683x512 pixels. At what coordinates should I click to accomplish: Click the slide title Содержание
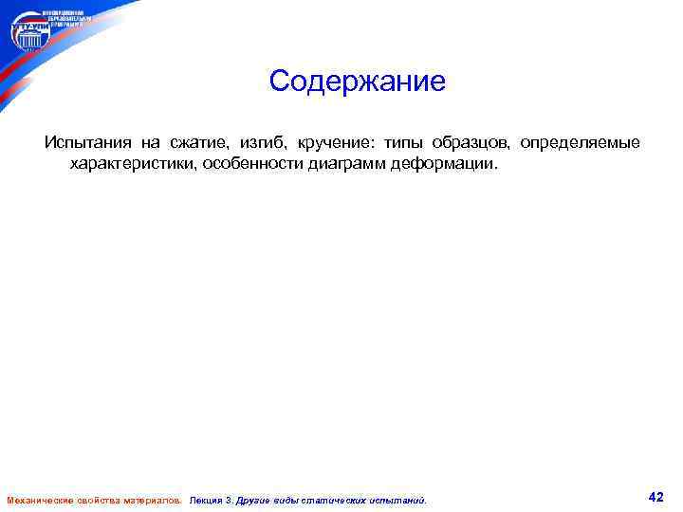click(x=357, y=82)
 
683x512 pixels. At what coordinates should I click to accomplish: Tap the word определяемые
click(x=580, y=143)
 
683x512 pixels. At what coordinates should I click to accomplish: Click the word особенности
click(x=250, y=164)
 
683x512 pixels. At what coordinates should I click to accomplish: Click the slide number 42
click(x=655, y=497)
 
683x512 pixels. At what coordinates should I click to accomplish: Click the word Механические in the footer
click(x=37, y=500)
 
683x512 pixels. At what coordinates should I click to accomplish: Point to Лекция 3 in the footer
click(x=212, y=500)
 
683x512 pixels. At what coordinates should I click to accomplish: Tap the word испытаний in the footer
click(x=397, y=500)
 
